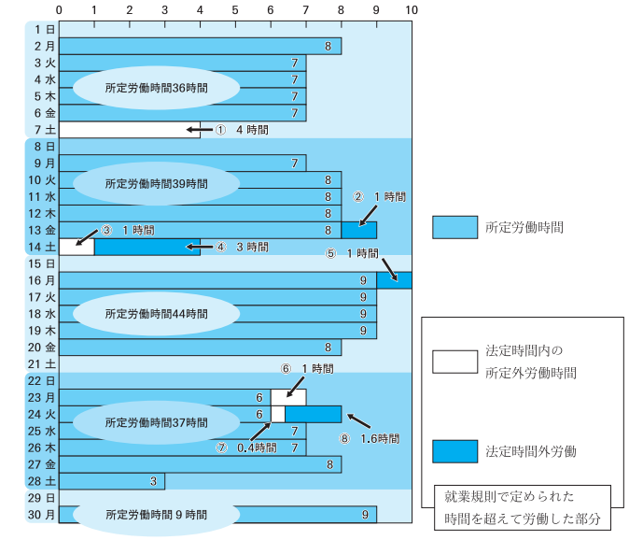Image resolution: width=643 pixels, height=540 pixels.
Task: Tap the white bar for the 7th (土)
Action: tap(129, 130)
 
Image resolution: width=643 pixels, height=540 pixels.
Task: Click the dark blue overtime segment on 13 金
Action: tap(358, 230)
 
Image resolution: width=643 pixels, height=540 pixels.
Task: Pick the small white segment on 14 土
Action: tap(77, 247)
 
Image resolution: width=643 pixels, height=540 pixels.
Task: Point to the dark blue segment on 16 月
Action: tap(394, 280)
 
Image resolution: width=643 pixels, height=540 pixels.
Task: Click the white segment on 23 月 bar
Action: tap(288, 397)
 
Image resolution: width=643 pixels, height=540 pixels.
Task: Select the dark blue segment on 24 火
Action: tap(313, 414)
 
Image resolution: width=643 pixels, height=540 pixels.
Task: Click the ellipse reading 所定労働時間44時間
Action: tap(157, 313)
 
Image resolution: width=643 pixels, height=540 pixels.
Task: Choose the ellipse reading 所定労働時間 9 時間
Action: tap(157, 515)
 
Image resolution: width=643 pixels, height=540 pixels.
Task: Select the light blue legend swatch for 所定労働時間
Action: tap(454, 227)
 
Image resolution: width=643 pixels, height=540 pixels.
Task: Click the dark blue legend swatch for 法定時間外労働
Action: tap(454, 451)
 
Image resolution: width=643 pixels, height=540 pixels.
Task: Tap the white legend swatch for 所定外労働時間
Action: tap(454, 362)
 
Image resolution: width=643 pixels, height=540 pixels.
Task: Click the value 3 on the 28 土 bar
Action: tap(152, 481)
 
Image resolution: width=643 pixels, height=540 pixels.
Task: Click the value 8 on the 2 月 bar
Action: tap(328, 46)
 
